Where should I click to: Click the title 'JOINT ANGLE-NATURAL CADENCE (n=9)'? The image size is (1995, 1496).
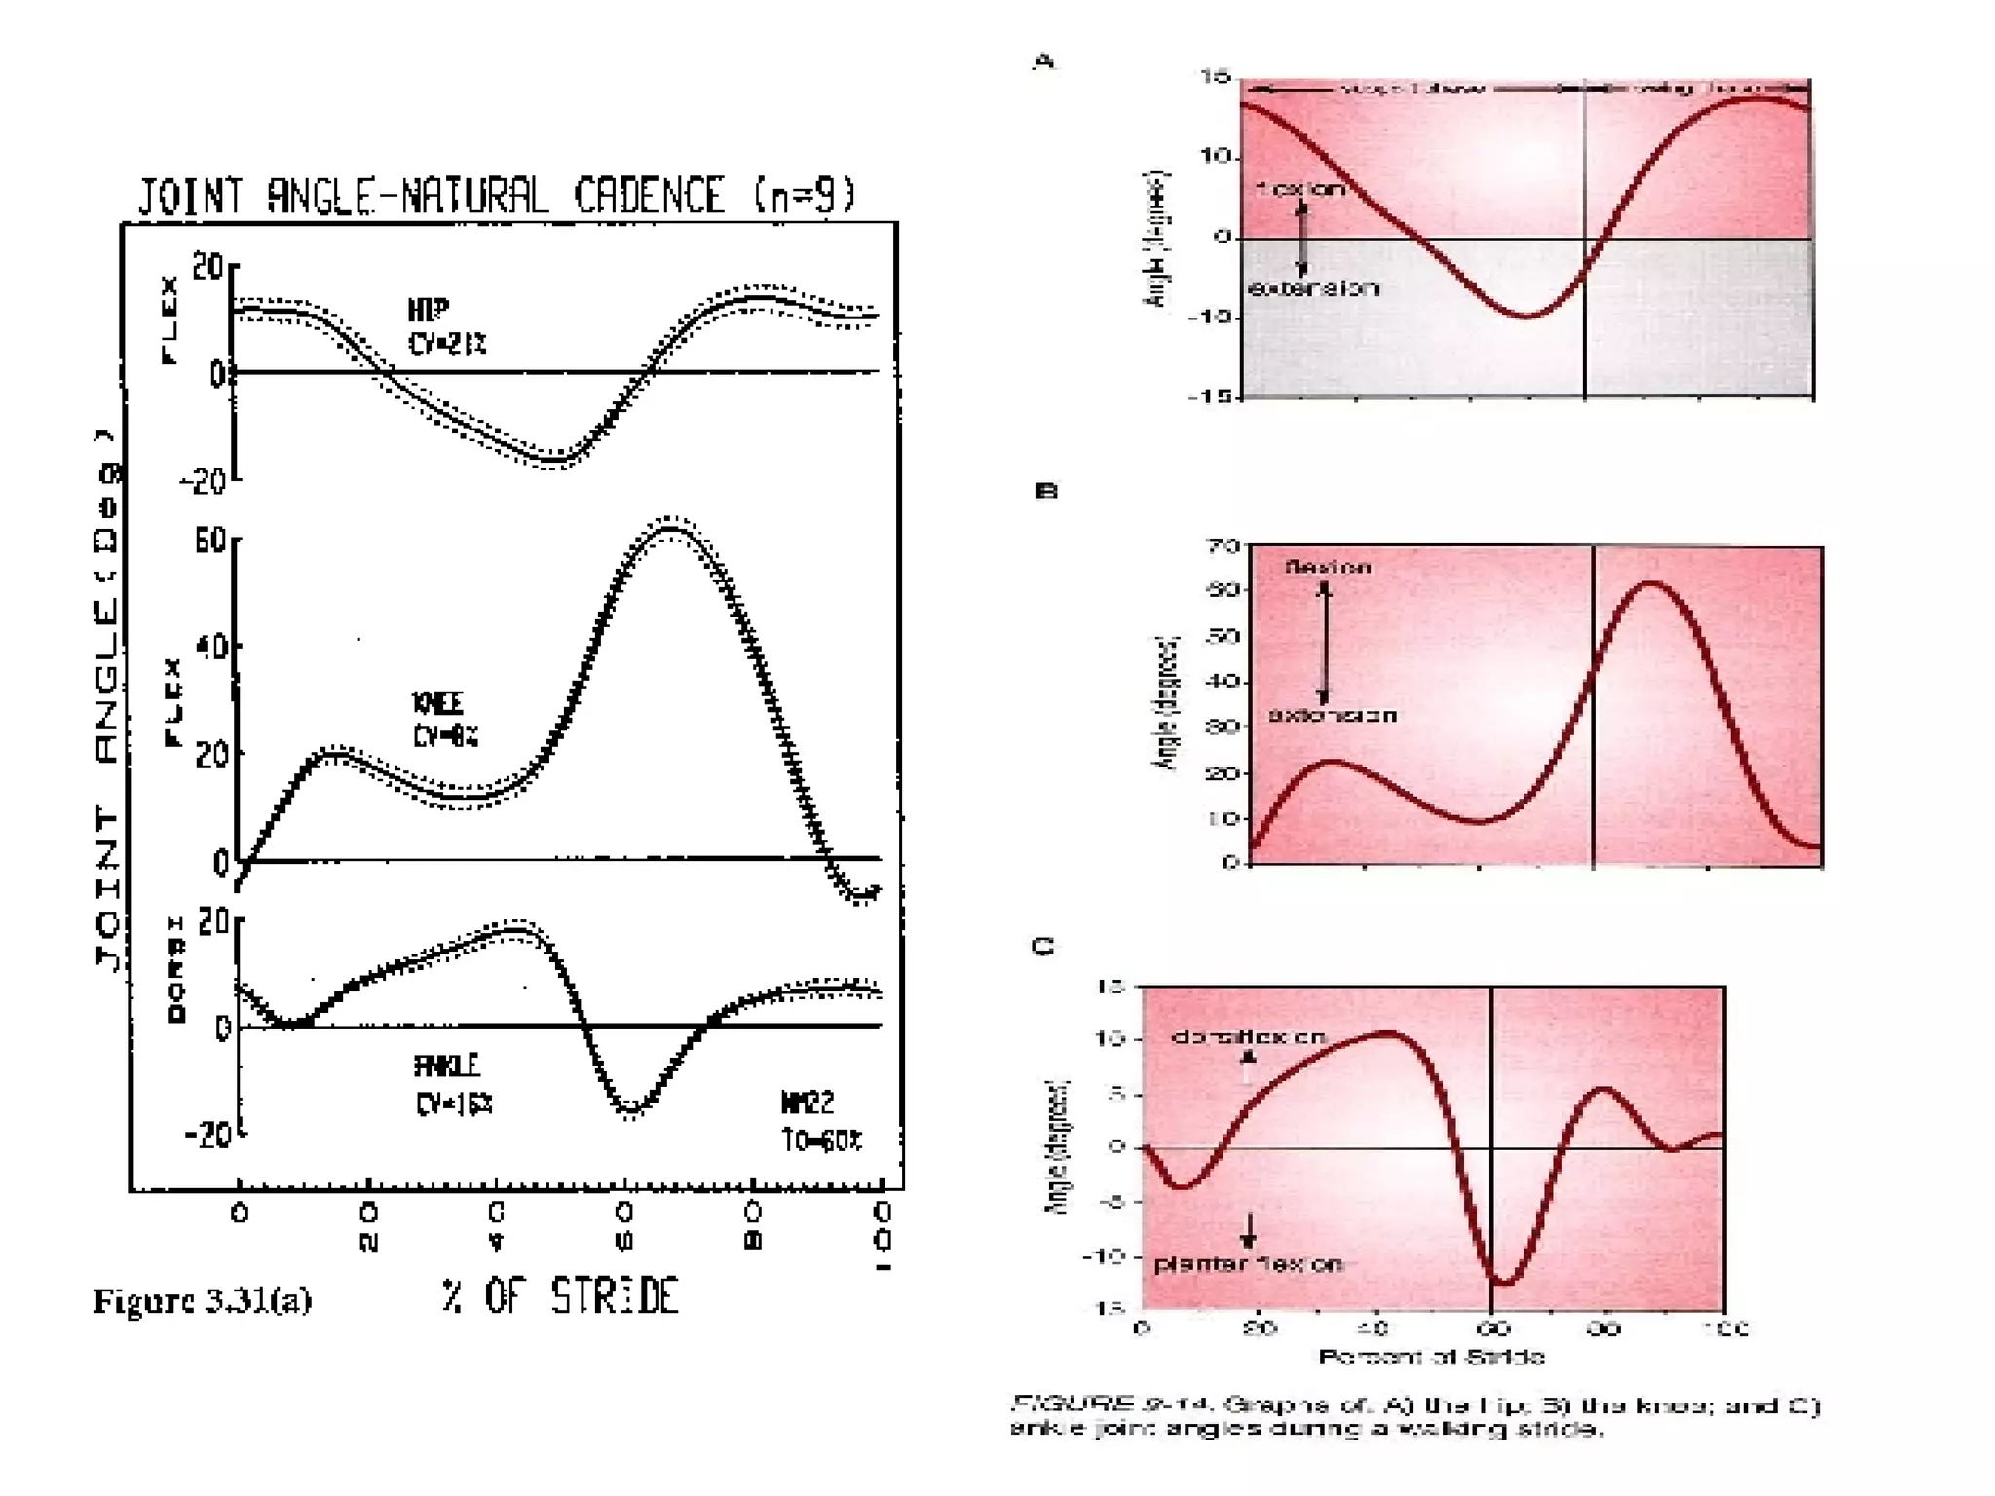tap(497, 196)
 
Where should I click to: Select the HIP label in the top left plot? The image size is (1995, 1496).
tap(429, 311)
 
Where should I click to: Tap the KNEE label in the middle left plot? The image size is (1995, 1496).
tap(437, 703)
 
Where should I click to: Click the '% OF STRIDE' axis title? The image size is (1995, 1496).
tap(559, 1296)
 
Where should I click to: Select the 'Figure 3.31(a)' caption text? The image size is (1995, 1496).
tap(202, 1301)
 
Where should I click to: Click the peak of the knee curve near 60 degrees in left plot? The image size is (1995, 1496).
tap(670, 528)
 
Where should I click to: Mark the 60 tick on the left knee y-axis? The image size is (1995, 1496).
tap(210, 541)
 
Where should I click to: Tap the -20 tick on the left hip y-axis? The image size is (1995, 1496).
tap(203, 481)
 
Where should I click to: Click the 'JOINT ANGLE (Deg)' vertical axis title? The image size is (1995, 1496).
tap(108, 701)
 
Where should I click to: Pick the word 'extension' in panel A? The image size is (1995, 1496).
tap(1313, 288)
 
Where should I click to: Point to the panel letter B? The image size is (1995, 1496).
tap(1045, 491)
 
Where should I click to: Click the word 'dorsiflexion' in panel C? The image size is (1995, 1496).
tap(1248, 1037)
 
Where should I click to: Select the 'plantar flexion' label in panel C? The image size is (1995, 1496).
tap(1248, 1264)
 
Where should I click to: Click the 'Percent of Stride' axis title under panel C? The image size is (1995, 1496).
tap(1430, 1357)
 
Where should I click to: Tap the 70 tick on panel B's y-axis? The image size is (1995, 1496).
tap(1223, 545)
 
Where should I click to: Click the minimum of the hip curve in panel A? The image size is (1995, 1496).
tap(1527, 317)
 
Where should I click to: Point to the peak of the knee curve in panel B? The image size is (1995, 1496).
tap(1653, 583)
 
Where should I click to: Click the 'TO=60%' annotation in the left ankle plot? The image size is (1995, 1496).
tap(821, 1141)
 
